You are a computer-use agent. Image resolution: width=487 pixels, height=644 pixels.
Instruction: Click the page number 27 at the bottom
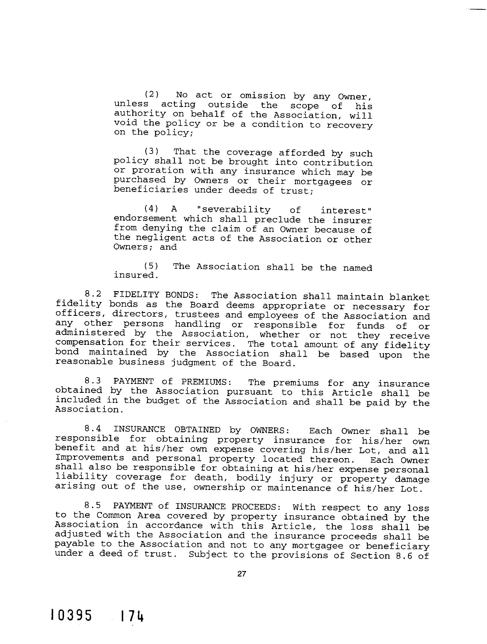242,574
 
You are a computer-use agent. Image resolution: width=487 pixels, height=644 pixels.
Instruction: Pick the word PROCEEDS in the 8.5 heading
256,507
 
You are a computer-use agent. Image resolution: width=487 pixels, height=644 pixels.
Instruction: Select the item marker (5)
152,266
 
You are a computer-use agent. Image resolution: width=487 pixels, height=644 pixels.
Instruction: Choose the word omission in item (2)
262,96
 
